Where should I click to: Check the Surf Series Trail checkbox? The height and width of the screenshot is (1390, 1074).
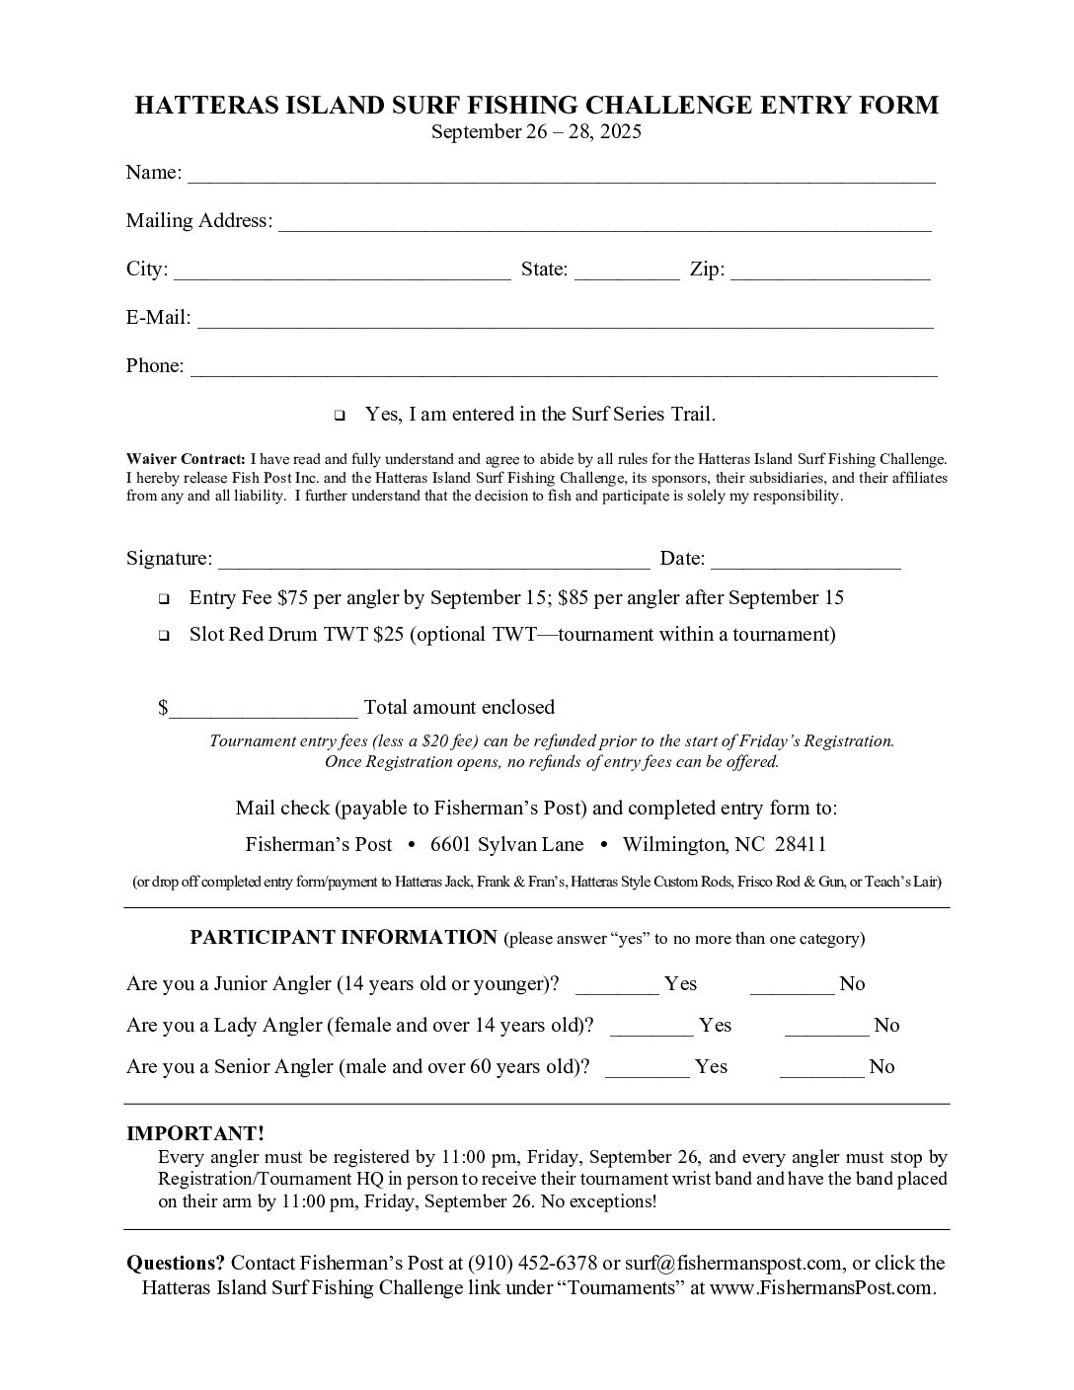tap(340, 416)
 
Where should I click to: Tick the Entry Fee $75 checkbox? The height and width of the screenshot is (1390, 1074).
tap(164, 599)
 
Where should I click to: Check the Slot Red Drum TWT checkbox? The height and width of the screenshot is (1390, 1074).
tap(164, 636)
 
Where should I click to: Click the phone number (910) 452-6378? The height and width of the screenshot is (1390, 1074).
tap(533, 1264)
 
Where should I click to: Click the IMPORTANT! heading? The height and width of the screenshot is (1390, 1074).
tap(195, 1134)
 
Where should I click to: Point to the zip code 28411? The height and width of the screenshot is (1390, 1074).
tap(801, 845)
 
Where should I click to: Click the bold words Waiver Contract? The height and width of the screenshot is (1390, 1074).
tap(186, 459)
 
